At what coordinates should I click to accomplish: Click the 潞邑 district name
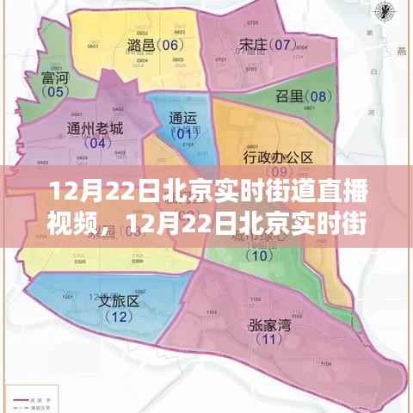click(141, 45)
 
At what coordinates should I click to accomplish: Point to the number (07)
click(280, 43)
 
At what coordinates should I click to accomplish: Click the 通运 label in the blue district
click(183, 119)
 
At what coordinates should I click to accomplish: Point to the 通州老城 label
click(95, 129)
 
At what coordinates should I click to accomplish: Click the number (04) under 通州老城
click(96, 144)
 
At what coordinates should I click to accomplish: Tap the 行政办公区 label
click(277, 157)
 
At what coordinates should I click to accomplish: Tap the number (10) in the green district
click(258, 255)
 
